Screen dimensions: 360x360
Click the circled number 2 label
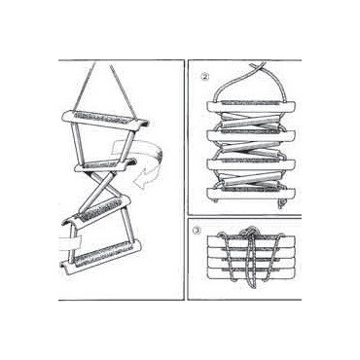pyautogui.click(x=205, y=77)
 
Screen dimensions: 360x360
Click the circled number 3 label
pyautogui.click(x=197, y=231)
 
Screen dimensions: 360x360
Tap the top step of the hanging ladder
pyautogui.click(x=106, y=119)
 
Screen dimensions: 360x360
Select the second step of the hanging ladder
pyautogui.click(x=104, y=165)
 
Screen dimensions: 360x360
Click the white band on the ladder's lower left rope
pyautogui.click(x=70, y=244)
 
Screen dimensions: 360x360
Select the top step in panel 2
pyautogui.click(x=252, y=106)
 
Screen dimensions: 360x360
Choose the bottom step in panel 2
pyautogui.click(x=252, y=195)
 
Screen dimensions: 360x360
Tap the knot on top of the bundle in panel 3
pyautogui.click(x=248, y=232)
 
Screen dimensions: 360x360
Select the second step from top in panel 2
pyautogui.click(x=252, y=135)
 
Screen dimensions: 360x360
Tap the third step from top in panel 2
pyautogui.click(x=252, y=163)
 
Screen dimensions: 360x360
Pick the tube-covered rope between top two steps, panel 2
pyautogui.click(x=250, y=121)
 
